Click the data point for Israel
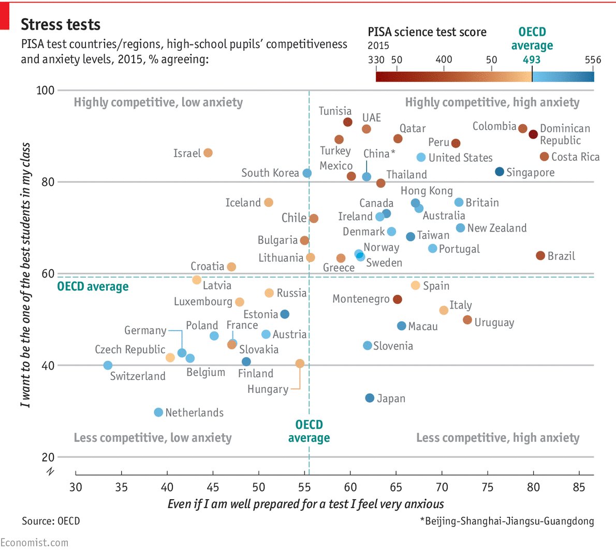tap(208, 153)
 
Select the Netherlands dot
tap(158, 412)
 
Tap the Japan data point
tap(370, 398)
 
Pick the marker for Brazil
tap(540, 256)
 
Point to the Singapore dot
tap(500, 172)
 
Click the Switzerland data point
tap(108, 365)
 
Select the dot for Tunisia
tap(348, 122)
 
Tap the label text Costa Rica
tap(575, 157)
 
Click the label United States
tap(460, 158)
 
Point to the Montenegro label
tap(361, 299)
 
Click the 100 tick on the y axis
tap(45, 90)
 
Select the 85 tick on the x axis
tap(579, 487)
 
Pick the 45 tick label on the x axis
tap(213, 487)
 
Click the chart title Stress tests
tap(61, 25)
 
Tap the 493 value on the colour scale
tap(532, 59)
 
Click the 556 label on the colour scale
tap(593, 59)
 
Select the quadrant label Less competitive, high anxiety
tap(497, 438)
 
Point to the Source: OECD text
tap(51, 521)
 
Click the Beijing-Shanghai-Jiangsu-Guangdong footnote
tap(507, 521)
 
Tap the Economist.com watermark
tap(34, 543)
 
